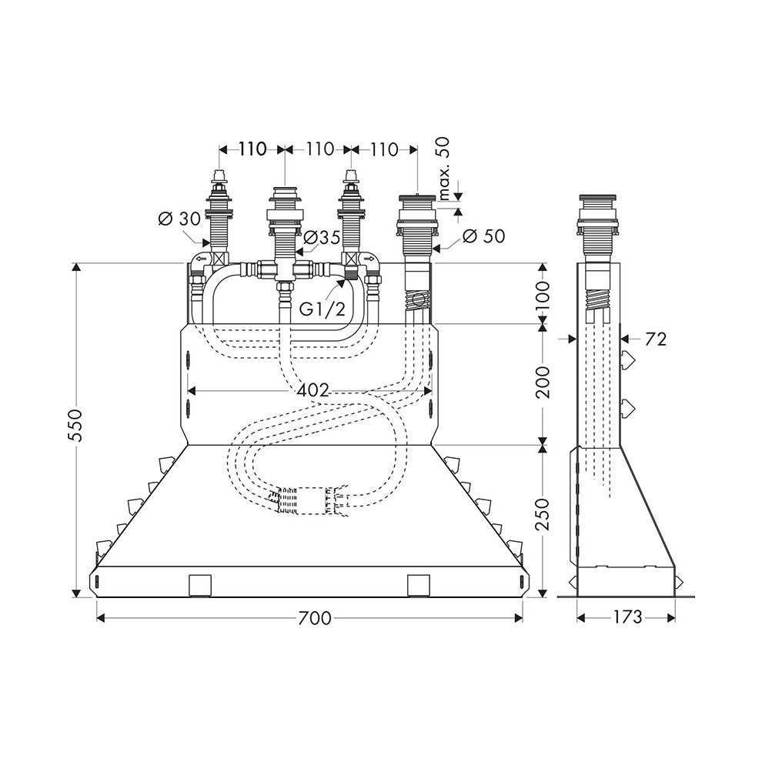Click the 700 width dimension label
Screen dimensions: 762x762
coord(315,617)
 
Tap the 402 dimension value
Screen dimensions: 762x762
coord(313,389)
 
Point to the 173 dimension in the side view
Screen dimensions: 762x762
coord(626,617)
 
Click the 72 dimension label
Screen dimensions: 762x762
coord(655,339)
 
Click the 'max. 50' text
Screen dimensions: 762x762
coord(444,169)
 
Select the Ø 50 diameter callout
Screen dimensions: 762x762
coord(483,236)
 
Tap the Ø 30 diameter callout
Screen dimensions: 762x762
coord(179,219)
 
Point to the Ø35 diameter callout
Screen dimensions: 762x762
coord(322,238)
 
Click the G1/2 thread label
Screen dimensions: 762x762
coord(322,309)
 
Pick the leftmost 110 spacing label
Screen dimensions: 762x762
coord(252,149)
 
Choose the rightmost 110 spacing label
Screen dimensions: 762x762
coord(384,149)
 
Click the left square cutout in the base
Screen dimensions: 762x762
coord(199,585)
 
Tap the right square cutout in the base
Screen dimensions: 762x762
coord(419,585)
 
